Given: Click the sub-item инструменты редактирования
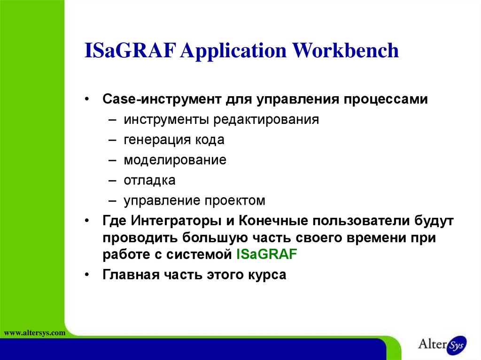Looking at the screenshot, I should coord(221,120).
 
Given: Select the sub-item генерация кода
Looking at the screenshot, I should coord(174,140).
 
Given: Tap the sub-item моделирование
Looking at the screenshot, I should coord(175,160).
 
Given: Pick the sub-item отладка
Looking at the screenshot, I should coord(149,180).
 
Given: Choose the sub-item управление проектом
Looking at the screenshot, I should coord(194,201).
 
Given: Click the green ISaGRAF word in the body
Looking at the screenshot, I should coord(267,254).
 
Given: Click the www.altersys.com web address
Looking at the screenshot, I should coord(34,333).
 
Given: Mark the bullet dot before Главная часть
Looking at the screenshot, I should coord(88,275).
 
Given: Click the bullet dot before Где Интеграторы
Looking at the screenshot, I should coord(88,221).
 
